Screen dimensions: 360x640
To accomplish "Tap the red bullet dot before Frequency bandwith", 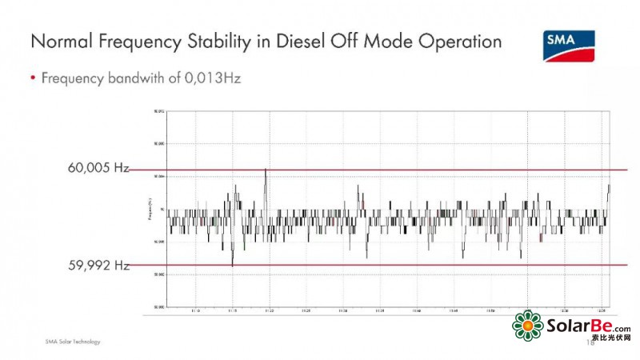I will point(33,79).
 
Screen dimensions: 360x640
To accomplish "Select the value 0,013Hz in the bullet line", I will point(214,78).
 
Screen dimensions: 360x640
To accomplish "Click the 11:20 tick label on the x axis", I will point(269,311).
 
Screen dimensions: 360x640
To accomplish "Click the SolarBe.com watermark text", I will point(588,326).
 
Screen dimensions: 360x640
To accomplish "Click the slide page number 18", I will point(590,342).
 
